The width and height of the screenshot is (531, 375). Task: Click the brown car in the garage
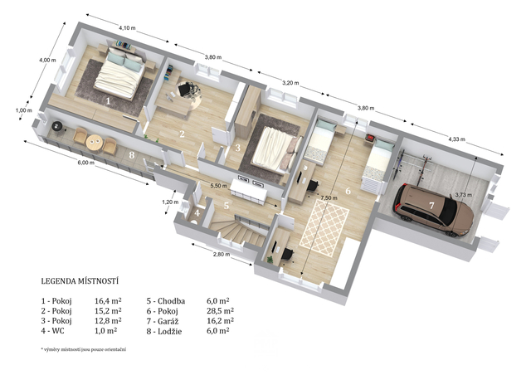(433, 210)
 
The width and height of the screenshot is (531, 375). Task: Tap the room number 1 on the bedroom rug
(108, 101)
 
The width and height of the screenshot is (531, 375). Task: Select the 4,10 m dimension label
(127, 28)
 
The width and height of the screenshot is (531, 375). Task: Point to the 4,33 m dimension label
(457, 139)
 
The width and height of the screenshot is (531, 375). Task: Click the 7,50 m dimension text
(329, 197)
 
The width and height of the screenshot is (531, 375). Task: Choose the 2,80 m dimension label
(222, 255)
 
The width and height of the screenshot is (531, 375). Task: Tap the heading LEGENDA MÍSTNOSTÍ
(80, 280)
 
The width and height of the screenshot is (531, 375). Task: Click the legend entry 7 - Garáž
(163, 321)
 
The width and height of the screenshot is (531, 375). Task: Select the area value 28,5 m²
(220, 310)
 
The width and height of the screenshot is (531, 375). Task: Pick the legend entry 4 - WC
(52, 331)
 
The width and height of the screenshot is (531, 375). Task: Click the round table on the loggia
(94, 142)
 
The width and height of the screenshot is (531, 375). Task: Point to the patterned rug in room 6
(324, 227)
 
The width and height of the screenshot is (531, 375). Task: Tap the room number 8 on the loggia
(132, 155)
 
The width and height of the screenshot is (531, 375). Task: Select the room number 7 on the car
(431, 205)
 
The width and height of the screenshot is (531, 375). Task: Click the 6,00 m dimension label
(85, 163)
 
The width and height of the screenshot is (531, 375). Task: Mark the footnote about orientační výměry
(83, 349)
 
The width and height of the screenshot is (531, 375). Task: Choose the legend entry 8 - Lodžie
(164, 331)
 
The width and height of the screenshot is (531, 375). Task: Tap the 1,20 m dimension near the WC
(170, 202)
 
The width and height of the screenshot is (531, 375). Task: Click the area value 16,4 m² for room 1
(108, 301)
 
